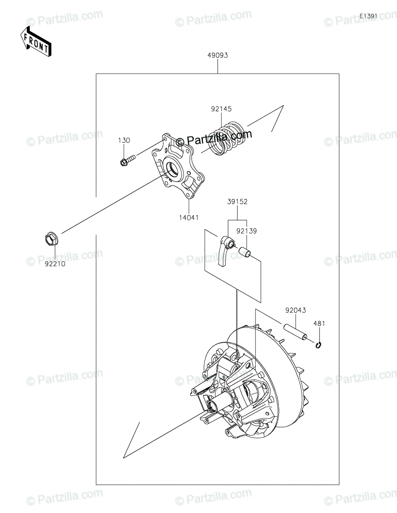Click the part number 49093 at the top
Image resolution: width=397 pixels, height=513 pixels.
218,55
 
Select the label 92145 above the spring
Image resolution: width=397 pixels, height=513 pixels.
221,109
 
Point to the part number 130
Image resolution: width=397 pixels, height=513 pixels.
124,141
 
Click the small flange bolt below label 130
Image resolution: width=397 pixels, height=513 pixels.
127,161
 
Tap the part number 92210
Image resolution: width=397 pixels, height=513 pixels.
54,264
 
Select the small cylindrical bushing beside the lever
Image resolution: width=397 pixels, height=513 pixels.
246,252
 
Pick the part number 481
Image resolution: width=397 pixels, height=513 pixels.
320,324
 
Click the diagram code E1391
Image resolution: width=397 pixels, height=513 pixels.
368,16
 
